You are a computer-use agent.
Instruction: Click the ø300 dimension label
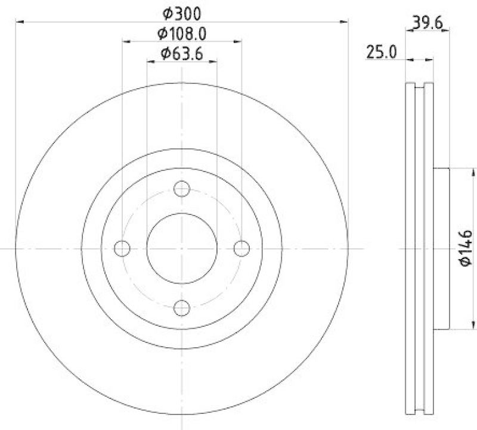coord(182,12)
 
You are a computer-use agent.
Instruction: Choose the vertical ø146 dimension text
coord(466,248)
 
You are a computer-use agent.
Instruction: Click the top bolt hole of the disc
coord(182,189)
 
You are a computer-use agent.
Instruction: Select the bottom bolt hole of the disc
coord(182,307)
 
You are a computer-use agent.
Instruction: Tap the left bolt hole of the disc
coord(122,248)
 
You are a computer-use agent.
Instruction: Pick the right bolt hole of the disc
coord(241,248)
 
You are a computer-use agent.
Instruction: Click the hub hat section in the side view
coord(440,248)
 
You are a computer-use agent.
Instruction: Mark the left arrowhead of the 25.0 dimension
coord(408,60)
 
